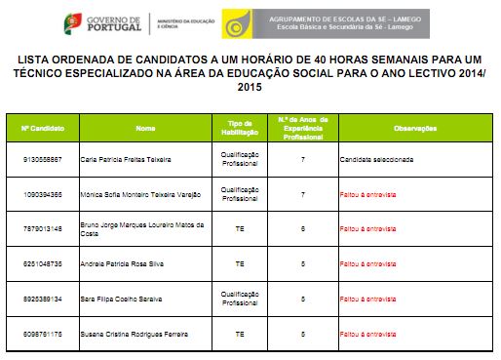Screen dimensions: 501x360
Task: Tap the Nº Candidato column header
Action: [x=43, y=128]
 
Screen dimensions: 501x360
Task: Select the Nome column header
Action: [x=145, y=128]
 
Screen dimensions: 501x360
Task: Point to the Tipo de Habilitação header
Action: [x=240, y=128]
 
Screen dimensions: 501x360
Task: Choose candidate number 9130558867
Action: [x=42, y=158]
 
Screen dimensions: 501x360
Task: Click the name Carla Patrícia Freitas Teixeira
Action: [x=131, y=158]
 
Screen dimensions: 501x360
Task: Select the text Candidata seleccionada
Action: [x=376, y=158]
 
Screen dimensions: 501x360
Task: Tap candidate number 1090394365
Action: [x=42, y=193]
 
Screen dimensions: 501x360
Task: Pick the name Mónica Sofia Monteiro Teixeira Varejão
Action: [x=142, y=193]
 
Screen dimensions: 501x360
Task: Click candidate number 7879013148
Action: [x=42, y=228]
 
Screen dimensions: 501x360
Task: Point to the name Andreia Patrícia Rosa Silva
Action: [x=123, y=263]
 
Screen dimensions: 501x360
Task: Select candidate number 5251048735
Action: [x=42, y=263]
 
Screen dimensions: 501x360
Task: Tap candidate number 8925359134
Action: [x=42, y=299]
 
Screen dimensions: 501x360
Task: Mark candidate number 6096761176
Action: [x=42, y=334]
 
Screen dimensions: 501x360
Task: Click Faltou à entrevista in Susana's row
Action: [x=367, y=334]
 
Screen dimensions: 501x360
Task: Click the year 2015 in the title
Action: [x=250, y=88]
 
